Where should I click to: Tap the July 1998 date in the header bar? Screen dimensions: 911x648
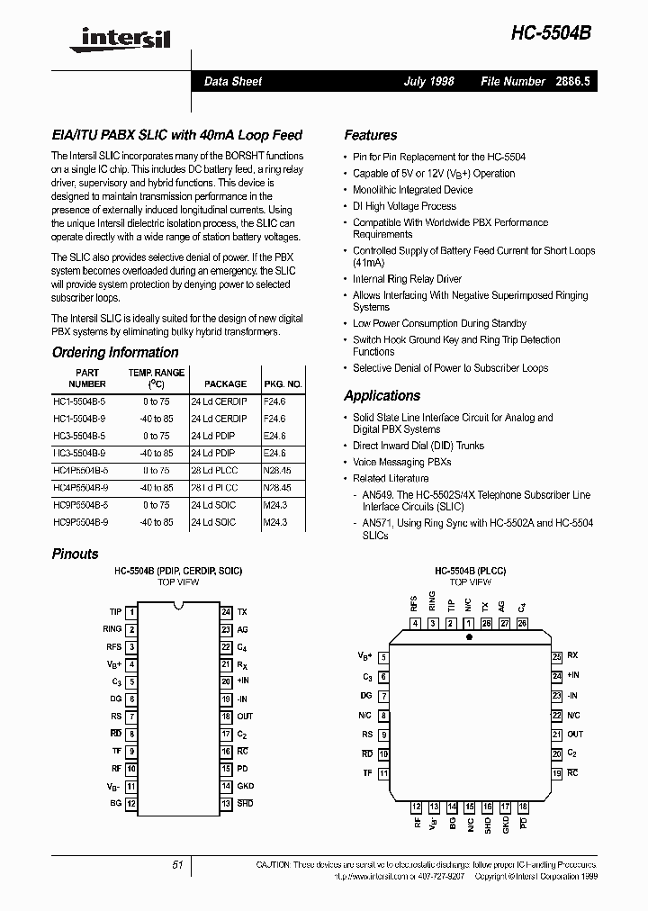428,81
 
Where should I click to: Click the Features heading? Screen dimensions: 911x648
370,135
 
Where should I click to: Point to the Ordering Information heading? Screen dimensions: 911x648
114,353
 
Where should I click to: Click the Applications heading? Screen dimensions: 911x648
382,395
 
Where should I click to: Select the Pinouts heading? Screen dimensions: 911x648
75,554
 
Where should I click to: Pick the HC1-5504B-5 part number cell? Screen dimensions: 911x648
79,402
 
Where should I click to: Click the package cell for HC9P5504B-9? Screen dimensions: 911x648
213,522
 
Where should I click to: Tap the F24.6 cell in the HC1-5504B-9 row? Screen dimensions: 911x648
274,419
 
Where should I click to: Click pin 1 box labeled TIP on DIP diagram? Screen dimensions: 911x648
131,611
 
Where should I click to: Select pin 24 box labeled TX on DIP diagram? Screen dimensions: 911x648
226,611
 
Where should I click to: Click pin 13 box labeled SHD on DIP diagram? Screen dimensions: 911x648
226,803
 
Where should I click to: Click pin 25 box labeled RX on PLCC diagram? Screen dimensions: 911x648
557,656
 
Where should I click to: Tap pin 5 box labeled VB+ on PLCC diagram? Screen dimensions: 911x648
383,657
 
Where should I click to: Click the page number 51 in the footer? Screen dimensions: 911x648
177,864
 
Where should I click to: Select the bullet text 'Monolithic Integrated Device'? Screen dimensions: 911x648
412,190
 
